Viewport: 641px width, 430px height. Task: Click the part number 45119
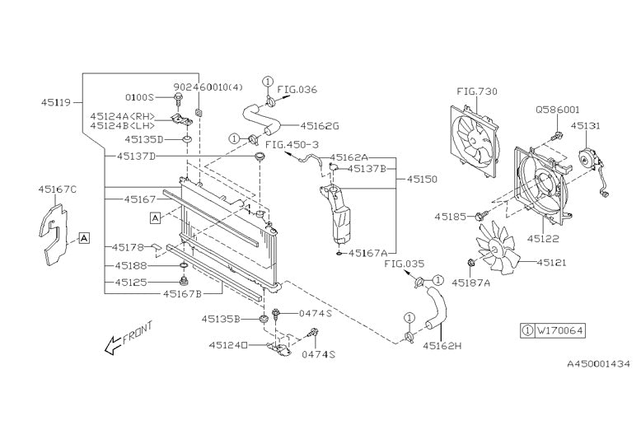[56, 104]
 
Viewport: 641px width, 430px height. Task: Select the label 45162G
[320, 126]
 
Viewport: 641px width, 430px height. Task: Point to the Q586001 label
[558, 109]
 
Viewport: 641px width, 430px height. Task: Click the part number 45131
[586, 126]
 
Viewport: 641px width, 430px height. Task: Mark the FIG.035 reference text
[403, 265]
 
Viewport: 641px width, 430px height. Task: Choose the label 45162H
[442, 345]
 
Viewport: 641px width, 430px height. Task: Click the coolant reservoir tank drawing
[339, 212]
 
